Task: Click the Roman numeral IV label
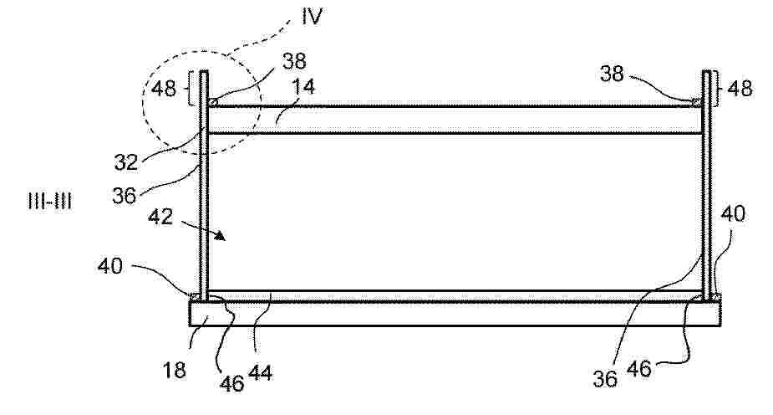pos(312,16)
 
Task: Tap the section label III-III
pos(50,202)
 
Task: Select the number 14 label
pos(303,87)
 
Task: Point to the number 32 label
pos(125,161)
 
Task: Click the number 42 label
pos(160,217)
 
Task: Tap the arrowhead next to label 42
pos(220,236)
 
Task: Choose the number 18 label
pos(174,370)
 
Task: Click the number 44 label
pos(260,372)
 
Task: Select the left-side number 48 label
pos(163,89)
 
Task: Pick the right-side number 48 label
pos(740,89)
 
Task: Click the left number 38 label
pos(294,61)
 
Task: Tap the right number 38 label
pos(612,74)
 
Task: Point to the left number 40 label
pos(110,266)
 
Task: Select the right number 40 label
pos(733,213)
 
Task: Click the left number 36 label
pos(124,196)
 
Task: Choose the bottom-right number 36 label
pos(605,379)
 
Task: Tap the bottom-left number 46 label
pos(231,383)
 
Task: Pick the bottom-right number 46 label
pos(639,369)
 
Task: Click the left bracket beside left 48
pos(190,89)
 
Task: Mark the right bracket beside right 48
pos(718,89)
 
